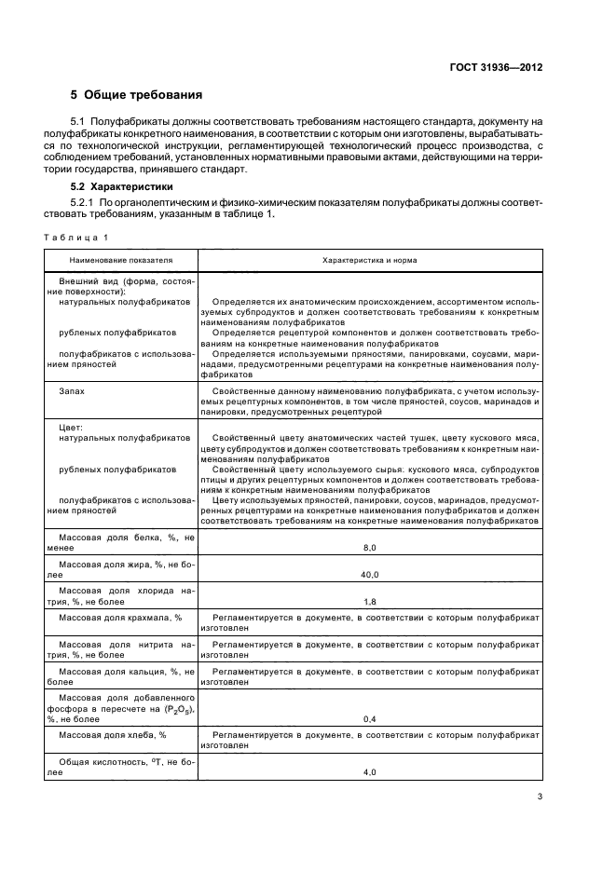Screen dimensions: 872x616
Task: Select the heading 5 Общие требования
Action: pyautogui.click(x=137, y=95)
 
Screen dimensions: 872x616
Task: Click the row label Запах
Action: pyautogui.click(x=72, y=391)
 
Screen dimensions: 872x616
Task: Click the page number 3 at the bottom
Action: pyautogui.click(x=540, y=796)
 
